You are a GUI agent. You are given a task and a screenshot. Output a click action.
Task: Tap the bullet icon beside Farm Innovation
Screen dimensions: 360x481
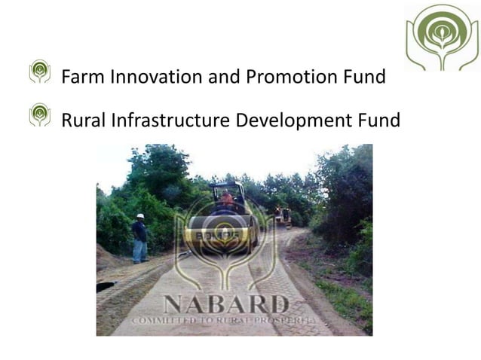click(40, 72)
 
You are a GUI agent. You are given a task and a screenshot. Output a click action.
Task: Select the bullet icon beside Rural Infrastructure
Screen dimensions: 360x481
click(40, 114)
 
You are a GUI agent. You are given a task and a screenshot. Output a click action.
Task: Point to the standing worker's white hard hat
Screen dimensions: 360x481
click(140, 215)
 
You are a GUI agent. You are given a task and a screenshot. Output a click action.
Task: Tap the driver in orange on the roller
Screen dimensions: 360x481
click(226, 199)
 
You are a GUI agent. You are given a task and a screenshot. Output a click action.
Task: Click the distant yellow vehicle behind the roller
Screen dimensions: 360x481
click(283, 216)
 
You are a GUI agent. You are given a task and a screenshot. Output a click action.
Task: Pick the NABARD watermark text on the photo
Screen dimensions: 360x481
click(226, 304)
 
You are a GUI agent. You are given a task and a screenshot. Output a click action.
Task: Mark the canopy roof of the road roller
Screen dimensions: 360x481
click(227, 185)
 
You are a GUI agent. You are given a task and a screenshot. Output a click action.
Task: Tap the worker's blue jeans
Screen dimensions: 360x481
click(140, 251)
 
